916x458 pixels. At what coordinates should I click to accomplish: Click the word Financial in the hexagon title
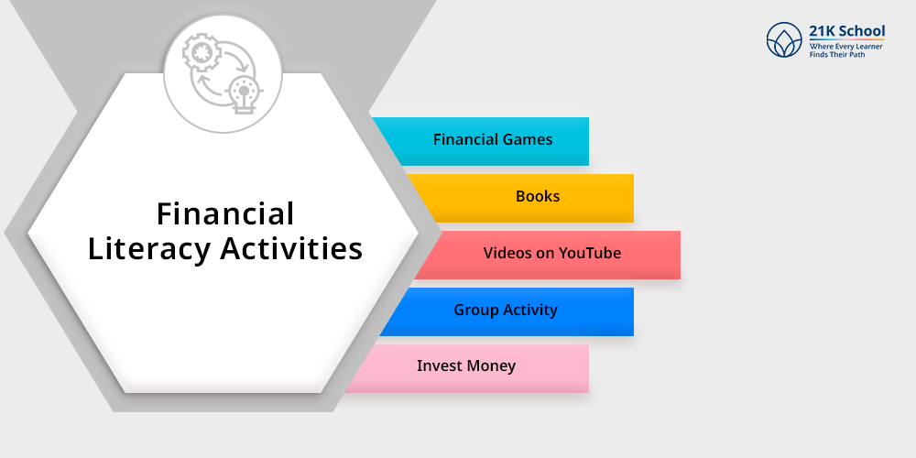225,213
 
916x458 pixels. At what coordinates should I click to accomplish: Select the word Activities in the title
291,247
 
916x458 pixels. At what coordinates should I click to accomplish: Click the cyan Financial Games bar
481,141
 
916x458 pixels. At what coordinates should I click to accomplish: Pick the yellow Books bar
520,198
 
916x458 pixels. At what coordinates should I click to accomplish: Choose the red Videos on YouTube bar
548,255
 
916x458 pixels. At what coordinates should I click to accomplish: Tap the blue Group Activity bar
507,311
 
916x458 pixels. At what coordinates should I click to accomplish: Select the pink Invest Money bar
467,368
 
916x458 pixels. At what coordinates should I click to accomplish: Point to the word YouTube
589,253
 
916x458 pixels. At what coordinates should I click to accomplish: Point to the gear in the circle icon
202,53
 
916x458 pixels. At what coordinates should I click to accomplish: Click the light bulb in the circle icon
244,94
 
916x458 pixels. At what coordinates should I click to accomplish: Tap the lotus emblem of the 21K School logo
784,39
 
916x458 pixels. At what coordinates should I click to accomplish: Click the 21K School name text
846,31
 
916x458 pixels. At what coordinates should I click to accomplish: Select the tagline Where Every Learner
845,46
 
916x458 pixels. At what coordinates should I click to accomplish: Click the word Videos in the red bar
505,253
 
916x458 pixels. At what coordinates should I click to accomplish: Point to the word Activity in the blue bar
530,311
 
